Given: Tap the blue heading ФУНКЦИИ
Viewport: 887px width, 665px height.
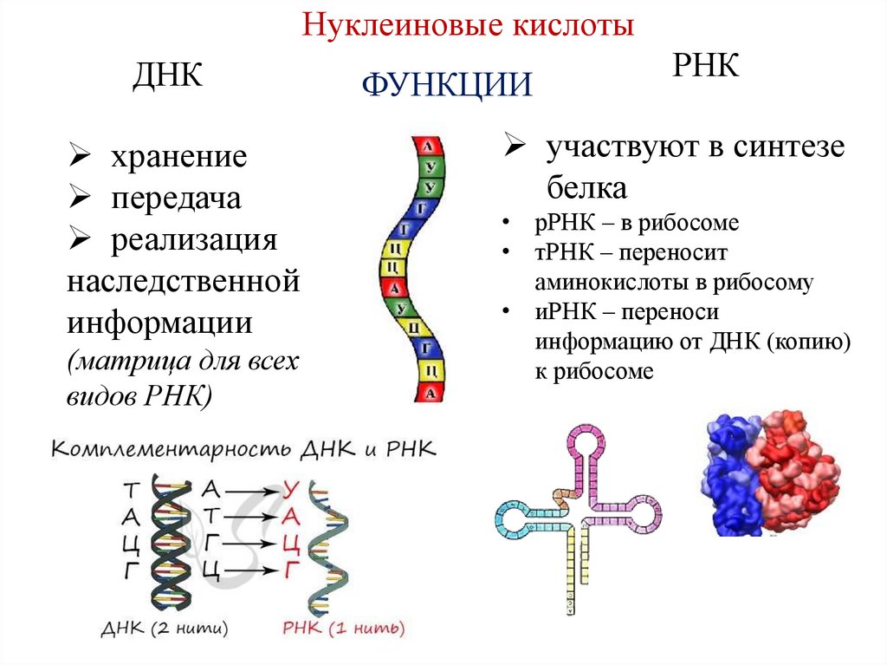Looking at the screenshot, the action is click(x=445, y=86).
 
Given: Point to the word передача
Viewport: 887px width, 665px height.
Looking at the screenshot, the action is click(x=175, y=199).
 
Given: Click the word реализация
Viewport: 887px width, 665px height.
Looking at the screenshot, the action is click(x=193, y=240).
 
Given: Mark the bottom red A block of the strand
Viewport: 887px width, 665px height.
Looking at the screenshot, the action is click(x=431, y=393).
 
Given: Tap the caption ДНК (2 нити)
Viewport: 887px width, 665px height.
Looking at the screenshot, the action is click(x=165, y=628).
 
